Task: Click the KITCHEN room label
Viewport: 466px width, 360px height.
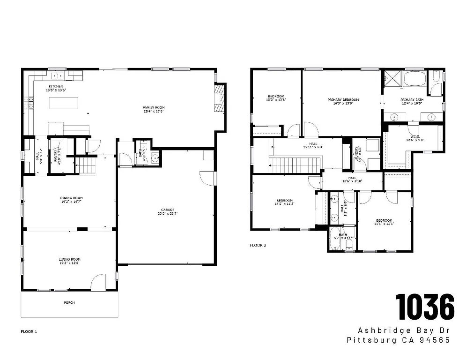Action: pyautogui.click(x=56, y=86)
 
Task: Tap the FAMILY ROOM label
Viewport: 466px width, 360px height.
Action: pyautogui.click(x=154, y=107)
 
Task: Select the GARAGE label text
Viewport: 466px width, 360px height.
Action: pyautogui.click(x=168, y=210)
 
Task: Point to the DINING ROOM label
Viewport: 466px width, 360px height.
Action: pyautogui.click(x=71, y=198)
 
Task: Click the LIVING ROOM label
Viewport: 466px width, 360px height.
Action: pyautogui.click(x=69, y=259)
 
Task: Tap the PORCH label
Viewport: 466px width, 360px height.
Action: pyautogui.click(x=69, y=302)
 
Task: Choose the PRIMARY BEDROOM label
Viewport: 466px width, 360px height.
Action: pyautogui.click(x=343, y=100)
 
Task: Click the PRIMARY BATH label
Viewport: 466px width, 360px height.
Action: pyautogui.click(x=412, y=100)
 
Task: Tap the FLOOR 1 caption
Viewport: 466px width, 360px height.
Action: pyautogui.click(x=29, y=331)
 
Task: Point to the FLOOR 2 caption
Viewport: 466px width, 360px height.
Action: pyautogui.click(x=258, y=245)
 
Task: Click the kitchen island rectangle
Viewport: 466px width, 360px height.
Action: pyautogui.click(x=63, y=103)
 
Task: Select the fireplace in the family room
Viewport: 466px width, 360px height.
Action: pyautogui.click(x=219, y=99)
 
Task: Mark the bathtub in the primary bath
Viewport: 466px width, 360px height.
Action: pyautogui.click(x=415, y=78)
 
